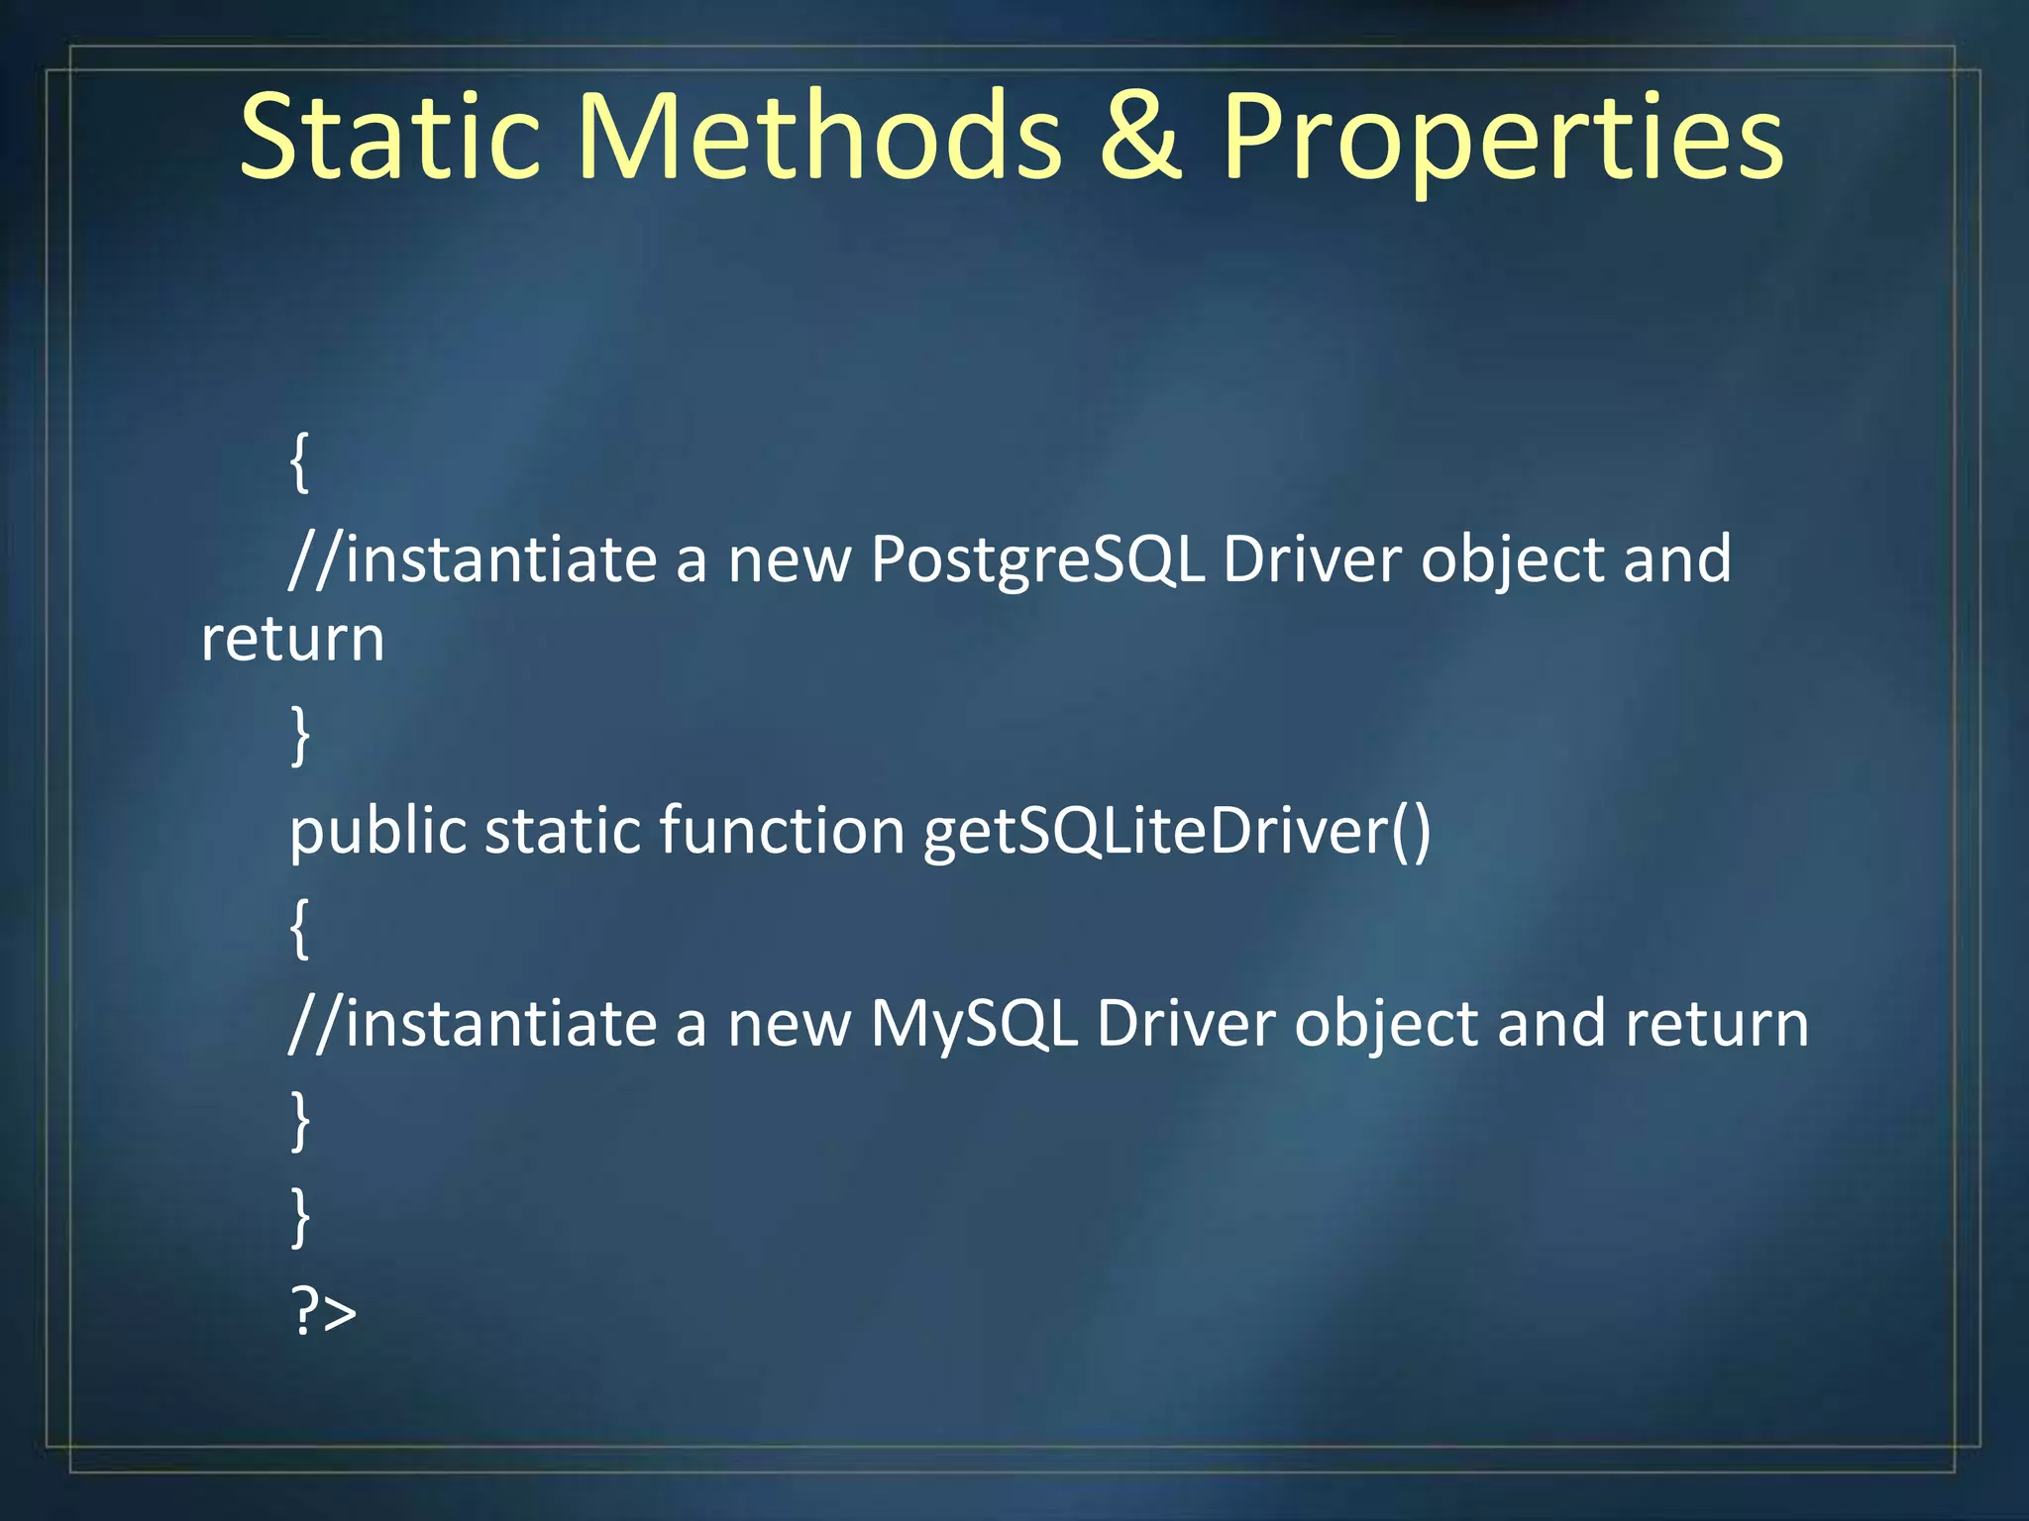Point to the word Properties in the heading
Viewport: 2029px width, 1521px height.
pos(1502,139)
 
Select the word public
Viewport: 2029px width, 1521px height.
pos(377,832)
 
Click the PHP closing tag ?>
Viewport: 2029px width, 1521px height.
pos(323,1312)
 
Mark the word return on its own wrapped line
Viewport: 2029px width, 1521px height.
pos(292,640)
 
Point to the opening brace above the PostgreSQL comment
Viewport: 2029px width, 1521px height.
pos(299,461)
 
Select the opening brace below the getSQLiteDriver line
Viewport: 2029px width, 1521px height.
pos(299,928)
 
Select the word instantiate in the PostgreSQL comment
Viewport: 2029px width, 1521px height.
pos(500,558)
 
